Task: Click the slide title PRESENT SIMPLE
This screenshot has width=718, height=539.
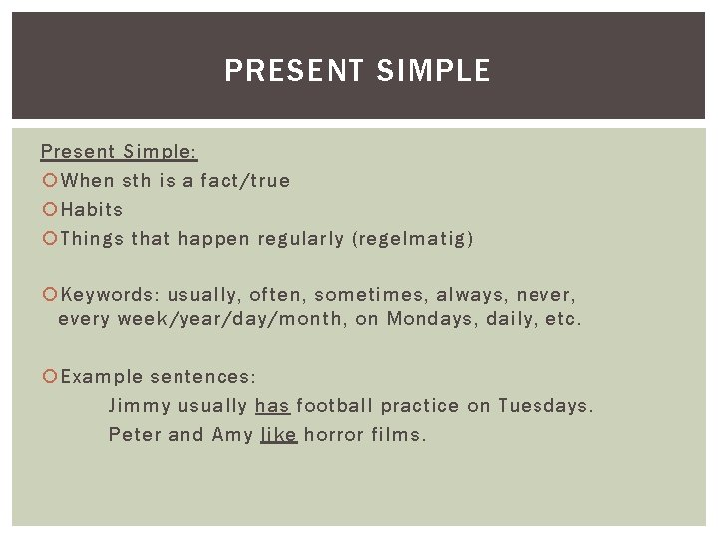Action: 358,71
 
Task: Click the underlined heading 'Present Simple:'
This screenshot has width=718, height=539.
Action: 119,152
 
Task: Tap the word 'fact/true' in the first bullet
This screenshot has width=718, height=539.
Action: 245,181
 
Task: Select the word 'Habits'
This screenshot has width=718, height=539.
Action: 92,210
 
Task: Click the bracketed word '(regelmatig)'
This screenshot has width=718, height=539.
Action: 412,239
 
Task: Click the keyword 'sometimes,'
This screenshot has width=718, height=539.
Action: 370,296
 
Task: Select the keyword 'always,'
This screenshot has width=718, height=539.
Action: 472,296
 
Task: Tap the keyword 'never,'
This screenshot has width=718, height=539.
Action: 547,296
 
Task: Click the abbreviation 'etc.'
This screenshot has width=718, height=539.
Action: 563,320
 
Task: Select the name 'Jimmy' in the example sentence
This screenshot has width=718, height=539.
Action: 139,406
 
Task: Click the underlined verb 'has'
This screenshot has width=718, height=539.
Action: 272,406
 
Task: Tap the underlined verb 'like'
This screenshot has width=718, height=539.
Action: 278,435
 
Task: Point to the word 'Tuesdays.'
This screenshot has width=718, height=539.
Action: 545,406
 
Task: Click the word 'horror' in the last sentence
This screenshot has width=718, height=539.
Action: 333,435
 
